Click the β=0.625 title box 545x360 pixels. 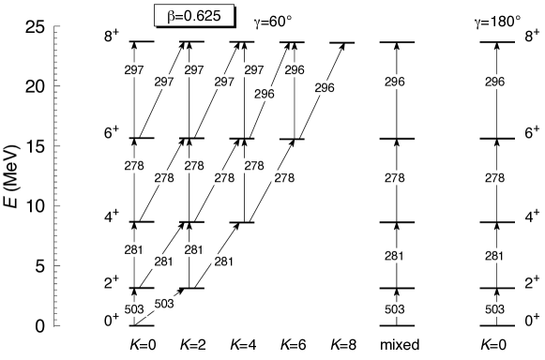tap(193, 16)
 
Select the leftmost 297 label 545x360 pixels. tap(134, 70)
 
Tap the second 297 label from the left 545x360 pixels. tap(164, 82)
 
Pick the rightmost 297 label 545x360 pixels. tap(254, 70)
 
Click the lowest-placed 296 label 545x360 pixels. tap(265, 94)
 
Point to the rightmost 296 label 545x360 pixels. tap(494, 82)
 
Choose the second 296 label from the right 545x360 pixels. tap(395, 82)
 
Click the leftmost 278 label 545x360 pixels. tap(134, 165)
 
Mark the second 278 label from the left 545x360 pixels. tap(164, 177)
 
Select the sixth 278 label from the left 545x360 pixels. tap(284, 177)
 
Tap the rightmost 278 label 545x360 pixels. tap(494, 177)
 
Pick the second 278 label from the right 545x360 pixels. tap(395, 177)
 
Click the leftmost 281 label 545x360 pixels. tap(134, 249)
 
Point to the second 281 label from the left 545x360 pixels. tap(164, 262)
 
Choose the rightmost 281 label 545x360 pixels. tap(494, 256)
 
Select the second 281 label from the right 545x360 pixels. tap(395, 256)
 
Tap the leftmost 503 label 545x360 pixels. tap(134, 309)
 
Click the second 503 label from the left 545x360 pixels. tap(164, 304)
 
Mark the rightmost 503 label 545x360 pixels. tap(494, 309)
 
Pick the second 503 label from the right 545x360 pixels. tap(395, 309)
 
